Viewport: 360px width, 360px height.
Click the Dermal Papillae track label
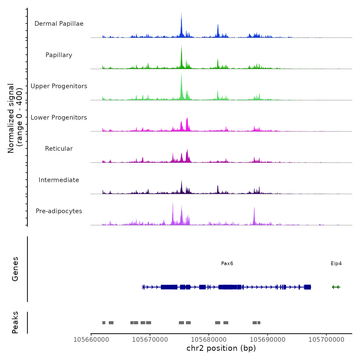pos(59,24)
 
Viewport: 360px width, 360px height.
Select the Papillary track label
pos(59,55)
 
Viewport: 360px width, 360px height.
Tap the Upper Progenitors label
pos(59,86)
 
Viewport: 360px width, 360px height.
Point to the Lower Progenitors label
pos(59,118)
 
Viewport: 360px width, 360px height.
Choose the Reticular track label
pos(59,149)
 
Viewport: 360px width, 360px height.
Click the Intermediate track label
pos(59,180)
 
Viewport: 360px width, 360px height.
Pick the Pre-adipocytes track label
pos(59,211)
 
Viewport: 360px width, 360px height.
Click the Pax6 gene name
pos(227,264)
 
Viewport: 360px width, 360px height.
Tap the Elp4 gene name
pos(336,264)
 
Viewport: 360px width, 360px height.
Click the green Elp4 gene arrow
pos(336,287)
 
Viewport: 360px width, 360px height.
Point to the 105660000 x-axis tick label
pos(91,340)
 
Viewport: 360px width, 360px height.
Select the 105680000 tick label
pos(209,340)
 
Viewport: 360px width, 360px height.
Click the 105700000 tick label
pos(326,340)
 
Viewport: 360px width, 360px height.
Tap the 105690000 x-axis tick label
pos(268,340)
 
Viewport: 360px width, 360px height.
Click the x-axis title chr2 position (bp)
pos(221,348)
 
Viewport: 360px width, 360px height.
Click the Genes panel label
pos(15,269)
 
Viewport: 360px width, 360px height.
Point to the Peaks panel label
pos(15,322)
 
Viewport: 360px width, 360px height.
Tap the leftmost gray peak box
pos(104,323)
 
